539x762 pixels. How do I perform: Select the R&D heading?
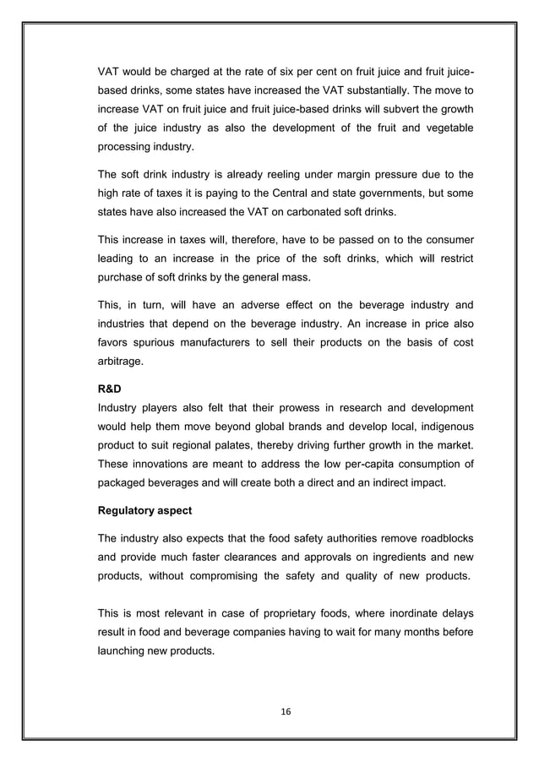click(x=112, y=392)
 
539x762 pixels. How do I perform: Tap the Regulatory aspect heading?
click(x=146, y=512)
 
